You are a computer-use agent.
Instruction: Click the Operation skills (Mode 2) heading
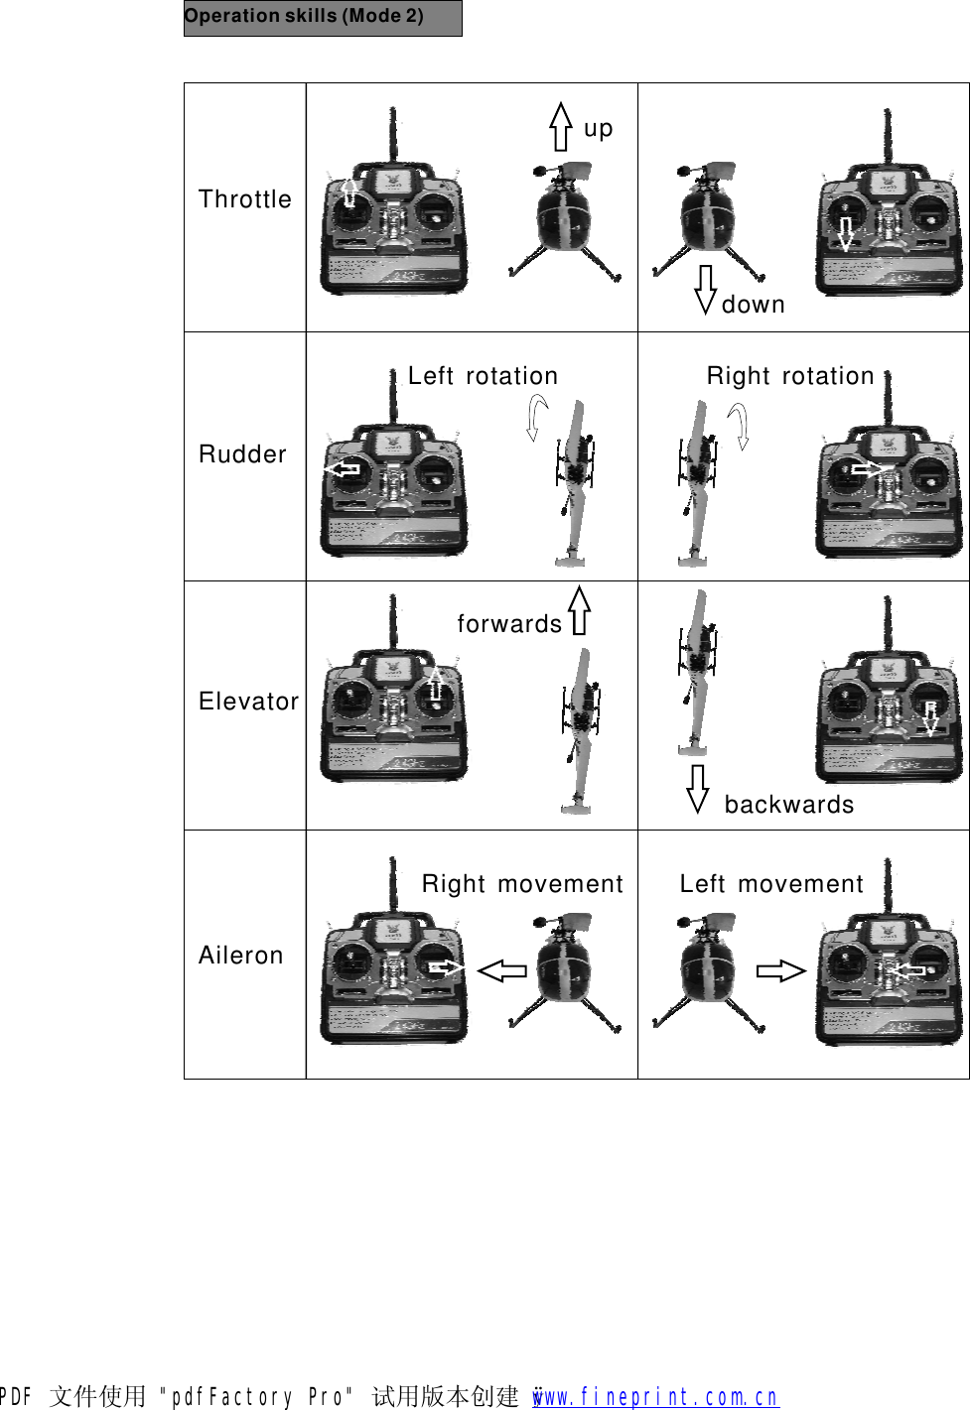pos(304,16)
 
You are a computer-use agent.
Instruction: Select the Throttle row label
pos(245,199)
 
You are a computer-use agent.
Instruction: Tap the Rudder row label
pos(242,454)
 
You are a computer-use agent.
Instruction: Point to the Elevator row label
pos(248,702)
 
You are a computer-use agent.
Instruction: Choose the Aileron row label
pos(241,956)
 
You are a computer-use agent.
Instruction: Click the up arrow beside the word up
pos(561,126)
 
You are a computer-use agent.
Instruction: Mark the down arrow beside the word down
pos(705,289)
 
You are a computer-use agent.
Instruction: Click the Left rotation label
pos(483,376)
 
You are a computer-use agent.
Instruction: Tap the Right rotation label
pos(790,376)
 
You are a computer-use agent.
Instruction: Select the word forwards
pos(509,624)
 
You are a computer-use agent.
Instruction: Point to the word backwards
pos(789,805)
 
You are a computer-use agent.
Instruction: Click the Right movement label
pos(522,884)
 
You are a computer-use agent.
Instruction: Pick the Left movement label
pos(771,884)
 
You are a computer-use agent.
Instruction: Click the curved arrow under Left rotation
pos(536,417)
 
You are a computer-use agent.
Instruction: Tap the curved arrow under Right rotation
pos(739,425)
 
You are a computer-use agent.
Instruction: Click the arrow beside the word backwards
pos(698,788)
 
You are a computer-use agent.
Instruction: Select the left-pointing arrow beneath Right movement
pos(502,970)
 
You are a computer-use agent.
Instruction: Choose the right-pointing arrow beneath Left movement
pos(780,970)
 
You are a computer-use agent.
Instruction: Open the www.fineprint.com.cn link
pos(656,1396)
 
